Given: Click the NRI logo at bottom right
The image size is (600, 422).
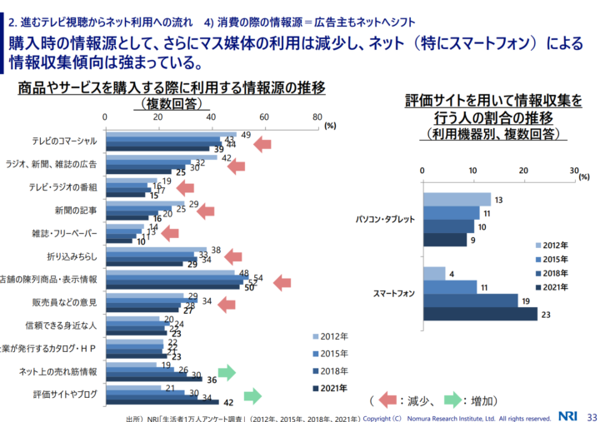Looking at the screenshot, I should (568, 415).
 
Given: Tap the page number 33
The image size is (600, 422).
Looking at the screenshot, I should (592, 415).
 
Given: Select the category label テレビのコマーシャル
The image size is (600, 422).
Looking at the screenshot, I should (64, 141).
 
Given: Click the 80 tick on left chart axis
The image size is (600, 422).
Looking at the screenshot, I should (317, 117).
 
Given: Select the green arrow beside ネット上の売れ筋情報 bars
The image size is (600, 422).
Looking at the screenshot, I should (226, 372).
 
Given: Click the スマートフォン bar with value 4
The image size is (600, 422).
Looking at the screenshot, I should (433, 273).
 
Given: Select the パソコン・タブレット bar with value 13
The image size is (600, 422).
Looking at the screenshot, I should (457, 199).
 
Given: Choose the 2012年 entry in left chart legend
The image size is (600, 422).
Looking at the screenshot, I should (332, 337).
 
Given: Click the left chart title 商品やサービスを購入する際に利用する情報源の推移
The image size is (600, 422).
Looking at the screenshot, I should (171, 87).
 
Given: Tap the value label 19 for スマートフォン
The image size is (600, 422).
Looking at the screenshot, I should (525, 300).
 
